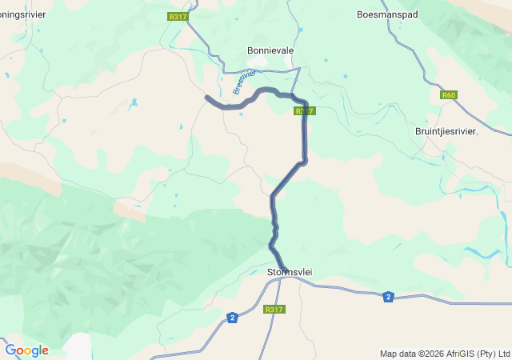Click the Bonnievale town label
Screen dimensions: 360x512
pos(270,50)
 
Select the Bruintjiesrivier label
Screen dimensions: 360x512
pos(446,131)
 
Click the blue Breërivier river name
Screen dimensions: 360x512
pos(245,82)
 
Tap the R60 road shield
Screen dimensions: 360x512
pos(448,95)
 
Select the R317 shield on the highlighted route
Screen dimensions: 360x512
pos(303,111)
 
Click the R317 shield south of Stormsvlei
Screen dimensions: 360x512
pos(274,310)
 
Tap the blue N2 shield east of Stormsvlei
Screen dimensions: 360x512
pos(388,297)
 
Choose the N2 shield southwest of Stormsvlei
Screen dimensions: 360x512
pos(232,318)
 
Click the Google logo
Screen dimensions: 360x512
pos(26,350)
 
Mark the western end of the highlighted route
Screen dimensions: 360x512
pos(207,98)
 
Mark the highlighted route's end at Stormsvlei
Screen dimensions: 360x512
pos(284,268)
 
